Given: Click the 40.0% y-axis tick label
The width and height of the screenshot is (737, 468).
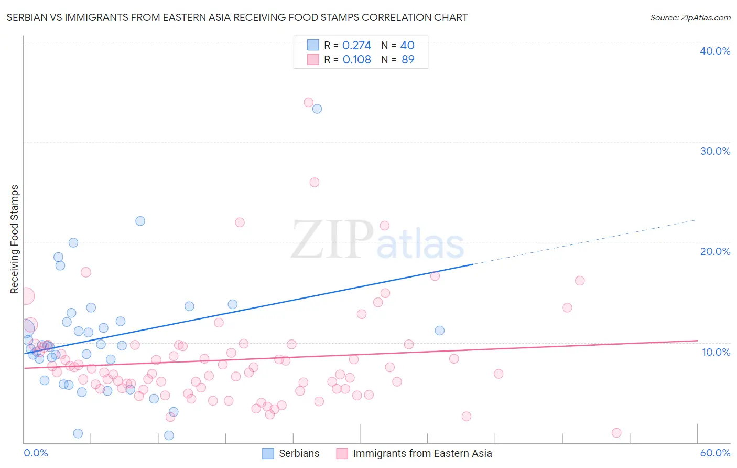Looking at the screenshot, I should [x=714, y=51].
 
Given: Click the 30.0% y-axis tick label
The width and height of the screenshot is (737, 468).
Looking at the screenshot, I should [x=714, y=151].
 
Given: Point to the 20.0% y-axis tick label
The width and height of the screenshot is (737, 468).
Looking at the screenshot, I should [x=714, y=251].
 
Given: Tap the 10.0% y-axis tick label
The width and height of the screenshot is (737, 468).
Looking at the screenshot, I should [x=716, y=352].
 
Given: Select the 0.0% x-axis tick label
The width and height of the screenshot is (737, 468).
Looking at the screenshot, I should [x=36, y=453].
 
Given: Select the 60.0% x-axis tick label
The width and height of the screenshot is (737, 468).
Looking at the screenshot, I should [x=714, y=453].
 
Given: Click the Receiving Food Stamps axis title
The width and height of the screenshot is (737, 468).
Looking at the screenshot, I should [x=15, y=239].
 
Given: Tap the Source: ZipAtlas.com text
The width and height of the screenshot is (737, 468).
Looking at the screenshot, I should [x=690, y=17].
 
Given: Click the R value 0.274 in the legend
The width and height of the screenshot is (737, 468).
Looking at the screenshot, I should [x=356, y=46].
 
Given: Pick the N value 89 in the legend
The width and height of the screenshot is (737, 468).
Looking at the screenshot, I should [x=408, y=60].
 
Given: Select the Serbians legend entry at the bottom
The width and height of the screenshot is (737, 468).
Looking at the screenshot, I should [x=299, y=453].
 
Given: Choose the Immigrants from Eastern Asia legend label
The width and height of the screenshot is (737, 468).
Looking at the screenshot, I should [x=422, y=453].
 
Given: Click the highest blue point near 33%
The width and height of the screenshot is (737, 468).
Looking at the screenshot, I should [x=317, y=109].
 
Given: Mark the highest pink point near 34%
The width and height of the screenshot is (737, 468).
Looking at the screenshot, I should [x=309, y=102].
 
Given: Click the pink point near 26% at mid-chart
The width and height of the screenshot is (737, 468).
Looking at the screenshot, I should [x=315, y=183].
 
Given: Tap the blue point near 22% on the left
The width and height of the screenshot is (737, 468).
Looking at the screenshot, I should [x=140, y=221].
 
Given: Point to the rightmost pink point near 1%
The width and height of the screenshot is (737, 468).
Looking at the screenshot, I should [x=616, y=433].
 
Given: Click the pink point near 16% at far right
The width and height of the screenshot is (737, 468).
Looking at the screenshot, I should [x=580, y=281].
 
